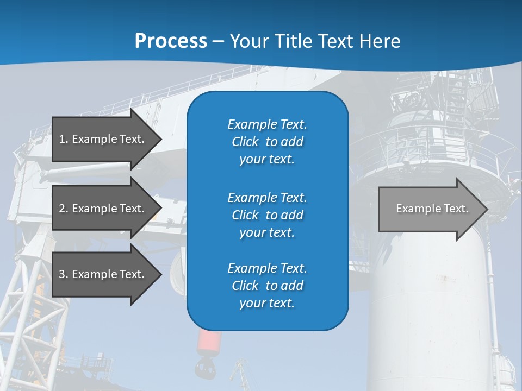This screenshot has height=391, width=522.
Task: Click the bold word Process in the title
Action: tap(171, 41)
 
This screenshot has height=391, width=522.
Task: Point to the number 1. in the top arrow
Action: tap(64, 139)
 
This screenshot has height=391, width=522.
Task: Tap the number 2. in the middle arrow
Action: tap(64, 209)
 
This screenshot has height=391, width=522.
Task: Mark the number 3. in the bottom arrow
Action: tap(64, 274)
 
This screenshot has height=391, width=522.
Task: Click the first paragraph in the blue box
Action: tap(267, 142)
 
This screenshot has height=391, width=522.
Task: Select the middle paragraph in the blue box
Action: tap(267, 215)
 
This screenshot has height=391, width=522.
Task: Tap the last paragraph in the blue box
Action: tap(267, 286)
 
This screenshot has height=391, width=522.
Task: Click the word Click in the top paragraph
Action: tap(245, 142)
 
